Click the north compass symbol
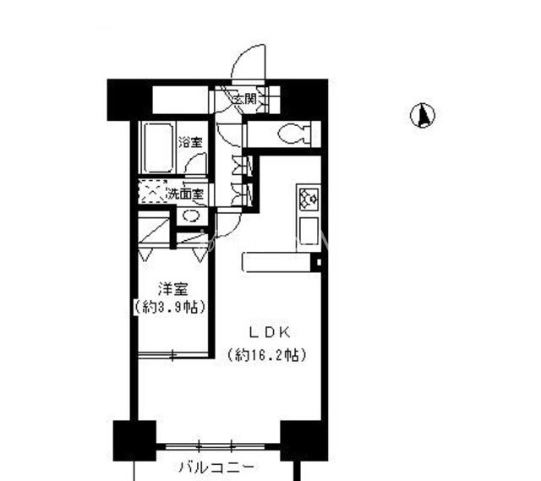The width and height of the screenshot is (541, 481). tap(424, 115)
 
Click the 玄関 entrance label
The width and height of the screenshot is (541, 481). tap(244, 99)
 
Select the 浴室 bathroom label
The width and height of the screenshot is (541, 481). tap(191, 142)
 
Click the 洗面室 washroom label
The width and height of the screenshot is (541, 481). tap(185, 194)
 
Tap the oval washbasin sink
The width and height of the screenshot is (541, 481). tap(191, 216)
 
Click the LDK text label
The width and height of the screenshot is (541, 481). tap(265, 331)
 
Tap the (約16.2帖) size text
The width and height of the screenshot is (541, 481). tap(265, 355)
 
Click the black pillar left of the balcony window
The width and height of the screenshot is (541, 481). tap(134, 440)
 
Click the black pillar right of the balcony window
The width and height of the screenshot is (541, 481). tap(303, 440)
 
